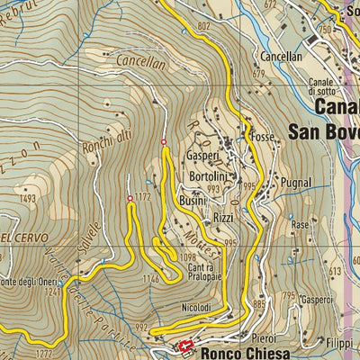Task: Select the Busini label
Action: click(x=193, y=201)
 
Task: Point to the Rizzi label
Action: click(x=224, y=218)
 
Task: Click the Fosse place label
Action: click(x=264, y=138)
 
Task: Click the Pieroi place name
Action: click(x=263, y=337)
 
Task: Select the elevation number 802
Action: click(x=202, y=27)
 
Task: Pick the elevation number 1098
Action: click(x=187, y=257)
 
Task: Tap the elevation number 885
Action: click(x=260, y=303)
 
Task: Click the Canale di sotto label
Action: click(x=323, y=87)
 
